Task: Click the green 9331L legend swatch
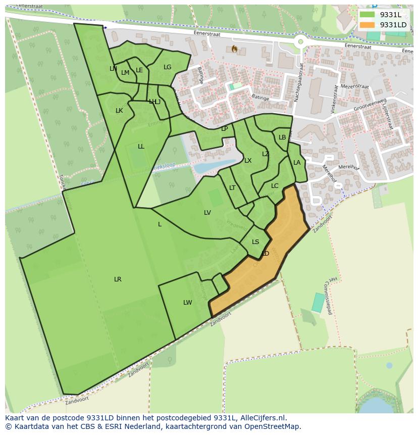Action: pos(367,15)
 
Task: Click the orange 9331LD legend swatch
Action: pos(367,25)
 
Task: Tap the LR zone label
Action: pos(118,279)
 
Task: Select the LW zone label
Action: pos(187,303)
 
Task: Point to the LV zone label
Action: pos(207,213)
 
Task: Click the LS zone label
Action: pos(255,242)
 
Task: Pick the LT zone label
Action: pos(232,188)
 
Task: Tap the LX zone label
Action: pos(248,161)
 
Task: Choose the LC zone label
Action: pos(275,186)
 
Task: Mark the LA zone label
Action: pos(297,163)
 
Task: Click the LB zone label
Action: pos(282,137)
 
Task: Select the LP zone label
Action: pos(225,129)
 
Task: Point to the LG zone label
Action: pos(168,67)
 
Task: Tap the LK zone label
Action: pos(119,111)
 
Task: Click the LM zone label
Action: pos(125,73)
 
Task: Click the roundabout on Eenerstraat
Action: pos(301,42)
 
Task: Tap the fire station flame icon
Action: pos(234,49)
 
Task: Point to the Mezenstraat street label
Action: pos(355,86)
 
